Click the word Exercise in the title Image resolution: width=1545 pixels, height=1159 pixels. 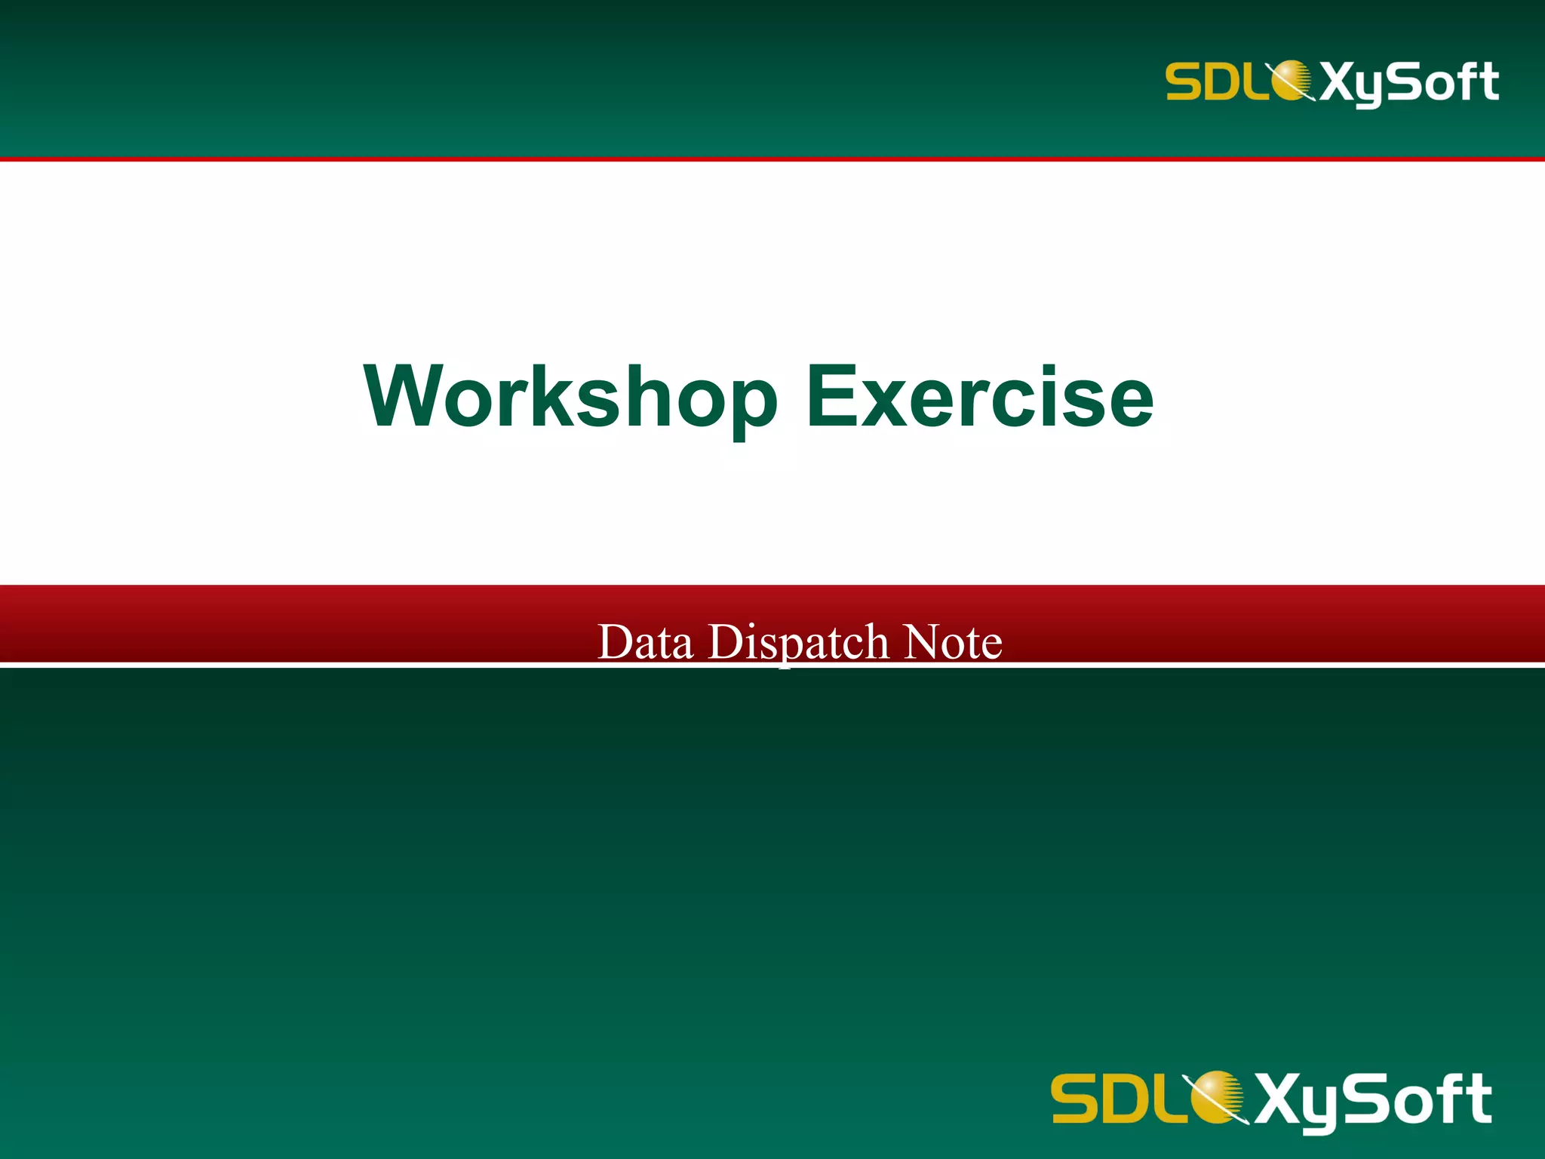pos(980,398)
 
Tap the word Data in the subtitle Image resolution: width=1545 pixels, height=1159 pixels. pos(645,642)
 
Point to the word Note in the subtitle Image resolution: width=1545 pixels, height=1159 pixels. pos(953,642)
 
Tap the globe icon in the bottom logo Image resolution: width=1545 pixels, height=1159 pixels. pos(1215,1096)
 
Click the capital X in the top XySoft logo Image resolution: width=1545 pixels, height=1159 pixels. pos(1338,81)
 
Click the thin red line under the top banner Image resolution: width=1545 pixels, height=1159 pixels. pos(772,159)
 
